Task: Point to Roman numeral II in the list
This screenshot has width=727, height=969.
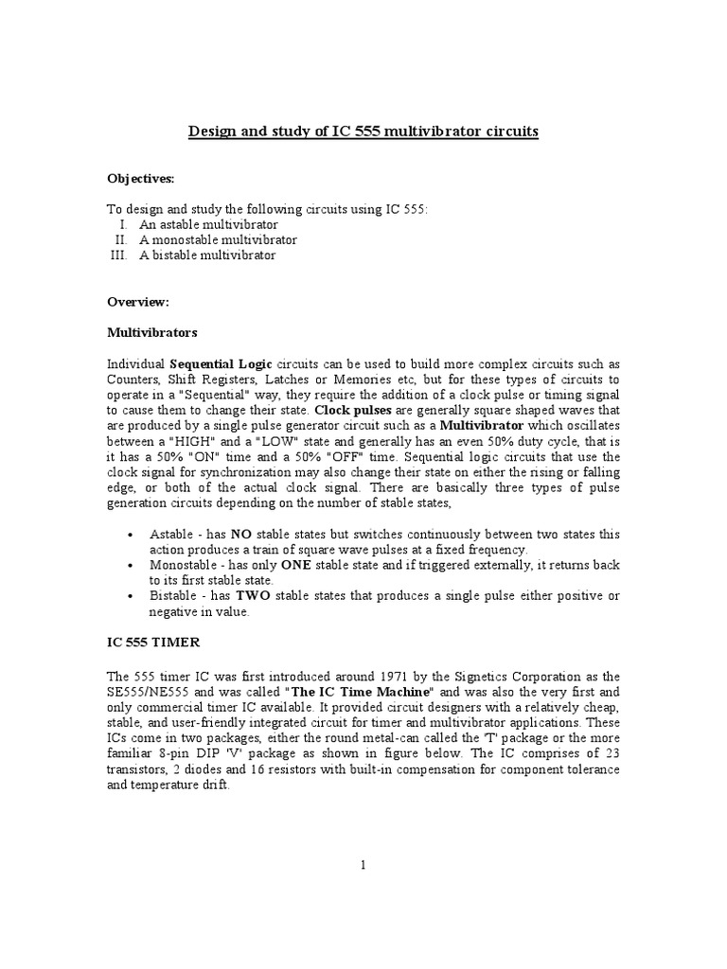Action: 121,240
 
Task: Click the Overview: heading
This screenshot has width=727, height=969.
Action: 137,302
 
